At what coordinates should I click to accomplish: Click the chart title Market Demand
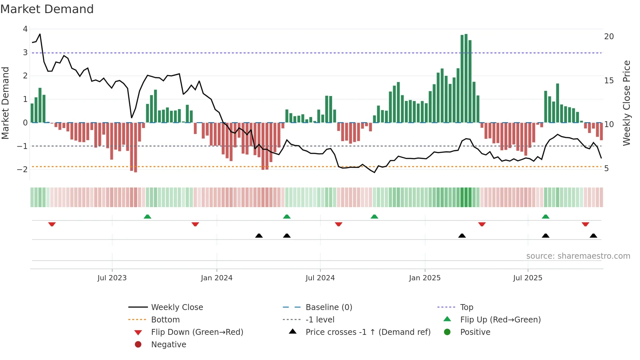point(47,9)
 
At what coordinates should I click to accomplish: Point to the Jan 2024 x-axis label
point(216,278)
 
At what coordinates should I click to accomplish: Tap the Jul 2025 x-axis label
point(527,278)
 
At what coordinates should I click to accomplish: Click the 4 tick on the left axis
point(25,29)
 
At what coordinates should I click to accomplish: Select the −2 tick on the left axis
point(23,169)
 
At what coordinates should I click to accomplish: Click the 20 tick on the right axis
point(609,37)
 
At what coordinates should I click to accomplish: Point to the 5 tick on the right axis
point(606,169)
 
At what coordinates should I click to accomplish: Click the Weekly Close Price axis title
point(626,103)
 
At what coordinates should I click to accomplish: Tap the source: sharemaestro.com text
point(578,256)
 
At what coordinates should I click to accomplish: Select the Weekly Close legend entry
point(177,307)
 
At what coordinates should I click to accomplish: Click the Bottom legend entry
point(165,320)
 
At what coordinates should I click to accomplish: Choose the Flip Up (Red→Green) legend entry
point(500,320)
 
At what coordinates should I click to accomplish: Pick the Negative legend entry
point(168,345)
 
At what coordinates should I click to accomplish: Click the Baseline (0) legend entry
point(328,307)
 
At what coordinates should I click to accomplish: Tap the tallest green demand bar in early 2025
point(466,78)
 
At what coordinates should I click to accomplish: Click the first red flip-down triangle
point(52,224)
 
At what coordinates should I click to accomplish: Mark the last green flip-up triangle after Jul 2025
point(545,217)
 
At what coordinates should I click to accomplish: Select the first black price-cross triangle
point(259,236)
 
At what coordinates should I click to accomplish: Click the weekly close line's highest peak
point(40,34)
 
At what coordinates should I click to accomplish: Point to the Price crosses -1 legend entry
point(368,332)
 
